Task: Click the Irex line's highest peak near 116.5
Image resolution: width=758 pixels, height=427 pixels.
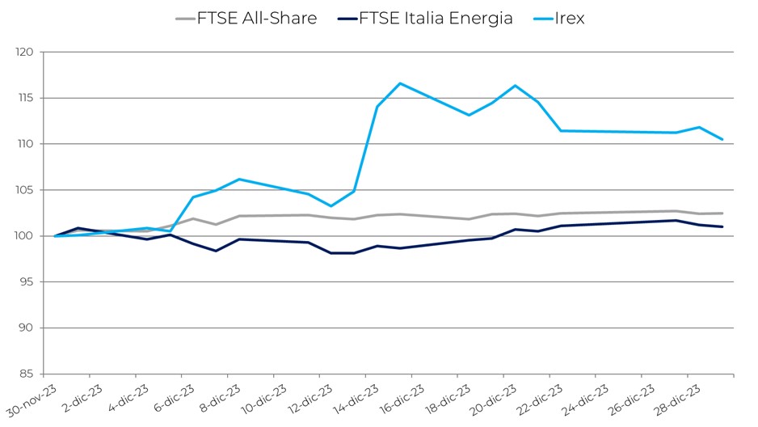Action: [400, 83]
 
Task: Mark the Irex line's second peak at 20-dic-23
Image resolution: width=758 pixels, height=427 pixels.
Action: [515, 86]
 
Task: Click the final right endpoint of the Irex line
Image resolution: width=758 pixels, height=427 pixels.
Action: [722, 139]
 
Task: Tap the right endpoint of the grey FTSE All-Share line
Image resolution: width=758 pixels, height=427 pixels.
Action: [722, 213]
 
